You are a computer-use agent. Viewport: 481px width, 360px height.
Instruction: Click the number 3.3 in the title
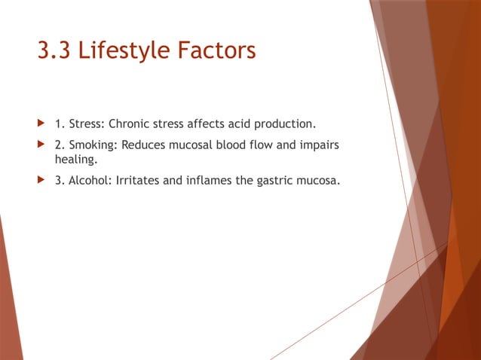coord(56,51)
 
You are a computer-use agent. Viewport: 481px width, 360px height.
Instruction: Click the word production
coord(285,123)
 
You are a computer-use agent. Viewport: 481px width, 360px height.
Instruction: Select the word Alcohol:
coord(88,180)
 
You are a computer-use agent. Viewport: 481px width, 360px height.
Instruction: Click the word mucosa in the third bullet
coord(321,180)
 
